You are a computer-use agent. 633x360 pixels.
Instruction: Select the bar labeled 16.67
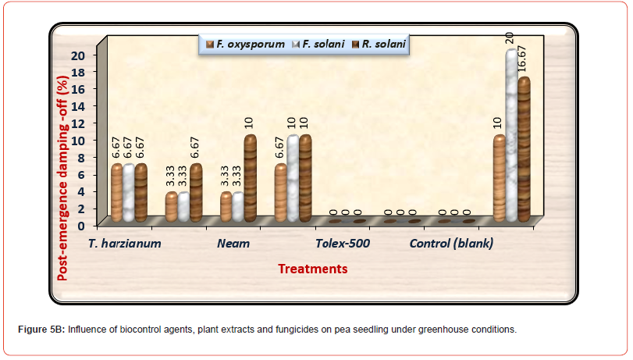click(524, 148)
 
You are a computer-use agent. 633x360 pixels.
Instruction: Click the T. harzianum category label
click(125, 243)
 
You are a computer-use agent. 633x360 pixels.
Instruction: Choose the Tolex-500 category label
click(343, 243)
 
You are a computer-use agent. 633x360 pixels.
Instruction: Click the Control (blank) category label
click(452, 243)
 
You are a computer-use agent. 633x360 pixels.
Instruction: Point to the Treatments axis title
click(313, 269)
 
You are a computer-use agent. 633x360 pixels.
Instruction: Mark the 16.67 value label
click(524, 57)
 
